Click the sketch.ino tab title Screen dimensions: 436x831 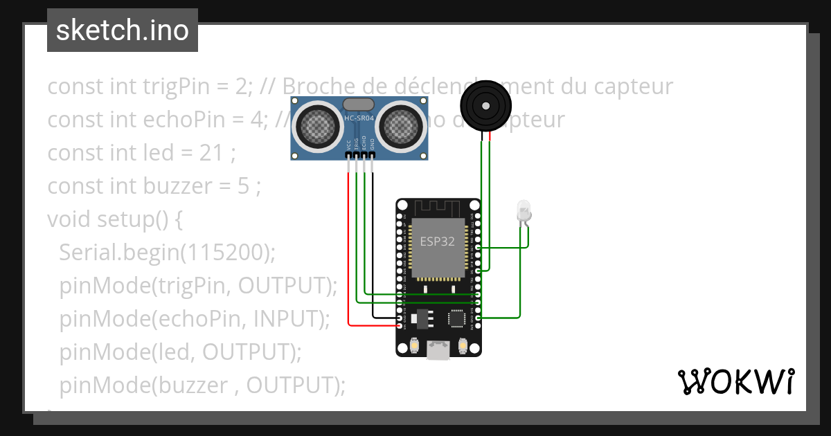coord(122,30)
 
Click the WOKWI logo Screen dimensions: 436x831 coord(735,381)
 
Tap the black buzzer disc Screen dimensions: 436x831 coord(486,106)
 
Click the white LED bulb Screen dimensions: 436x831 coord(524,210)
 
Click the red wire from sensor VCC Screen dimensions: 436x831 coord(348,249)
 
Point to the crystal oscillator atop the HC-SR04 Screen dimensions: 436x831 coord(358,105)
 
